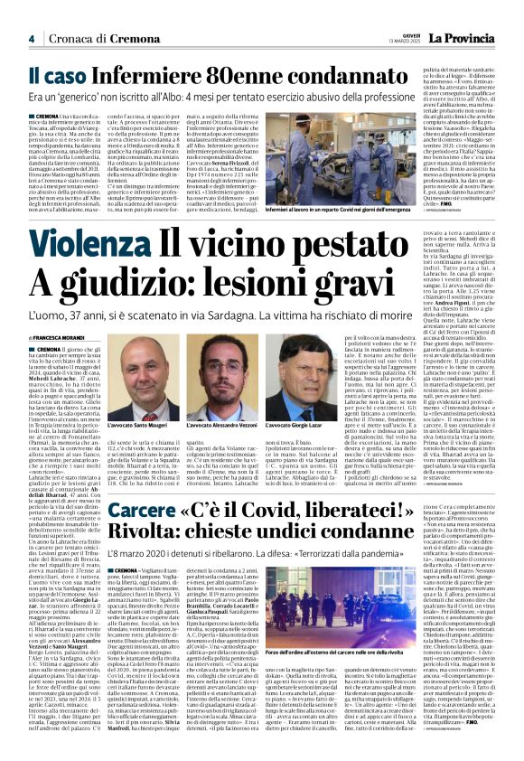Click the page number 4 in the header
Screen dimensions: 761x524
pyautogui.click(x=32, y=38)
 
